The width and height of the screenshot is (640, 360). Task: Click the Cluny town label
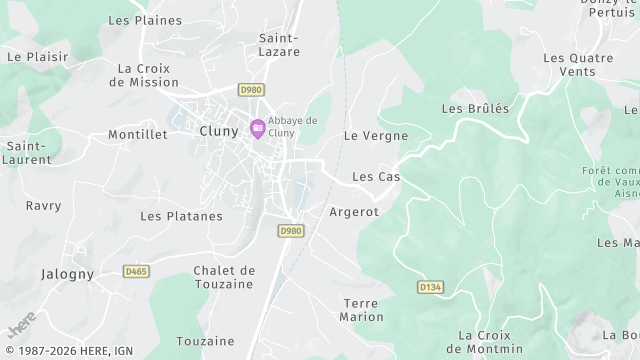pos(218,131)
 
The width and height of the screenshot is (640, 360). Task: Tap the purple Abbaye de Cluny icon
pos(257,128)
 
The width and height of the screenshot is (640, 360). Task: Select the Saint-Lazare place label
pos(279,45)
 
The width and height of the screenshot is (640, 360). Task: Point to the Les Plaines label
pos(144,20)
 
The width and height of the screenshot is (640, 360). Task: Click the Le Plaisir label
pos(30,57)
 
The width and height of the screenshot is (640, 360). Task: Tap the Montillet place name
pos(137,134)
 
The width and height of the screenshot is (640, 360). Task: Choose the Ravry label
pos(43,206)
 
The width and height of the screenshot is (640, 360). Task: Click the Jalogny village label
pos(67,273)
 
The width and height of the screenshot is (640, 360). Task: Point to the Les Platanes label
pos(181,216)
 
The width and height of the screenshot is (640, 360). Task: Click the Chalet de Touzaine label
pos(224,277)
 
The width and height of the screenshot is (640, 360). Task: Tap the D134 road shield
pos(430,287)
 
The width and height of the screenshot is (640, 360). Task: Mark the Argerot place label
pos(354,212)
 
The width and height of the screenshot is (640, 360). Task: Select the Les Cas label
pos(376,177)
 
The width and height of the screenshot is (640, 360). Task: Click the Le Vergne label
pos(375,135)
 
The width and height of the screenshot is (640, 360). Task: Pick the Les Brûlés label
pos(475,108)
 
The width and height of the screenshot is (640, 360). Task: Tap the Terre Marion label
pos(362,310)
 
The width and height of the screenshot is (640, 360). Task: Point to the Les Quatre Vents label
pos(578,64)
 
